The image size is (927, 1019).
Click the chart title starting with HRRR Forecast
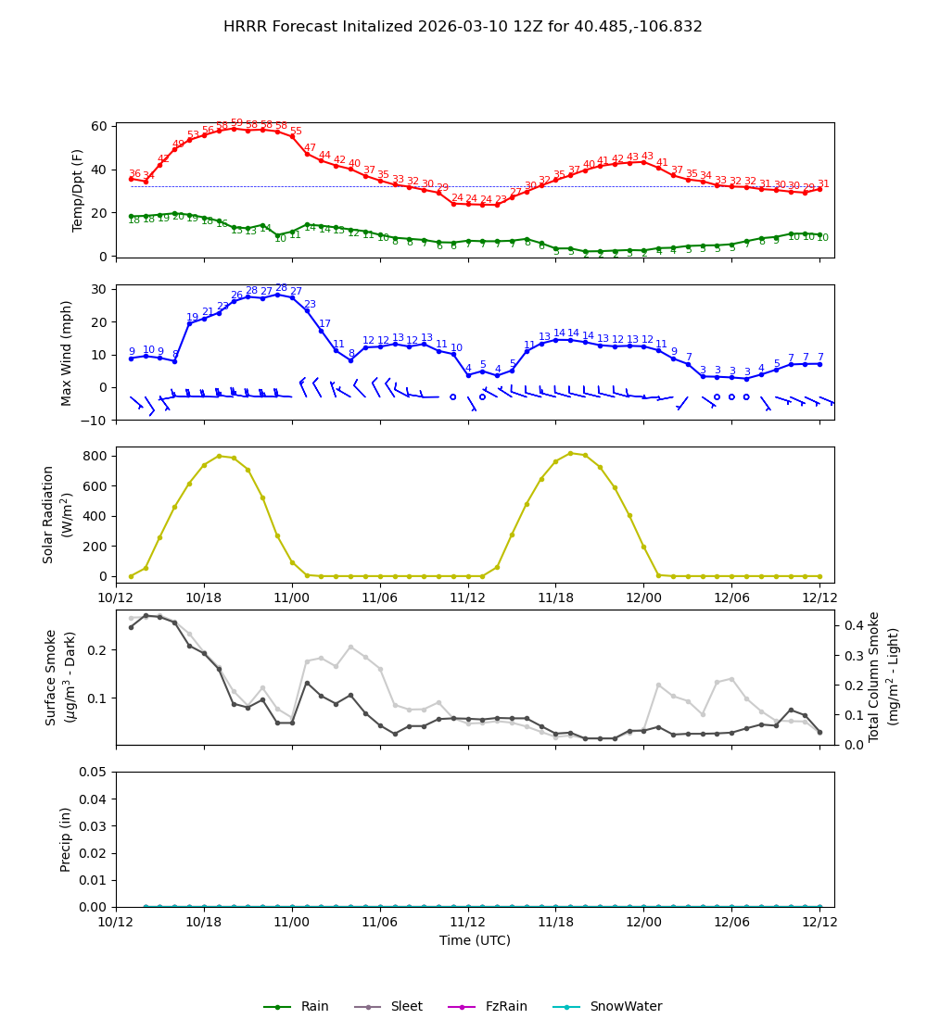463,27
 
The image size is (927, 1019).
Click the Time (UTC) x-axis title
475,940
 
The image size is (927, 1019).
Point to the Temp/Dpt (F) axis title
78,190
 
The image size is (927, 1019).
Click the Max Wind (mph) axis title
67,352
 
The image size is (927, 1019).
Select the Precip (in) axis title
66,839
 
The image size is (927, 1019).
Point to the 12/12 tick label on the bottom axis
819,923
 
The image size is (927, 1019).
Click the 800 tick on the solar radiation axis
94,456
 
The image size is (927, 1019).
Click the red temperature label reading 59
236,123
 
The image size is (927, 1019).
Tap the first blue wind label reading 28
251,291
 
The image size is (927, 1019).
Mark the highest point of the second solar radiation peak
570,453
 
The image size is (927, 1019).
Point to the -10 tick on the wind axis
95,420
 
